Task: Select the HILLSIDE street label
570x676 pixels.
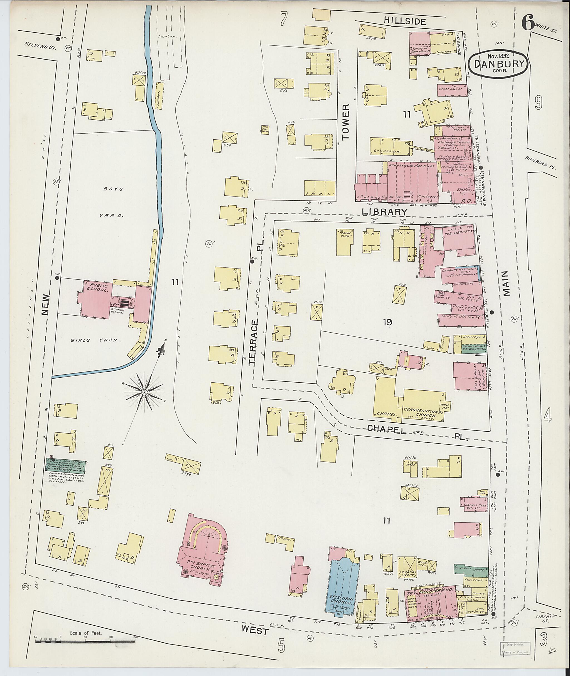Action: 405,21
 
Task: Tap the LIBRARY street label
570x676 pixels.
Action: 384,212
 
